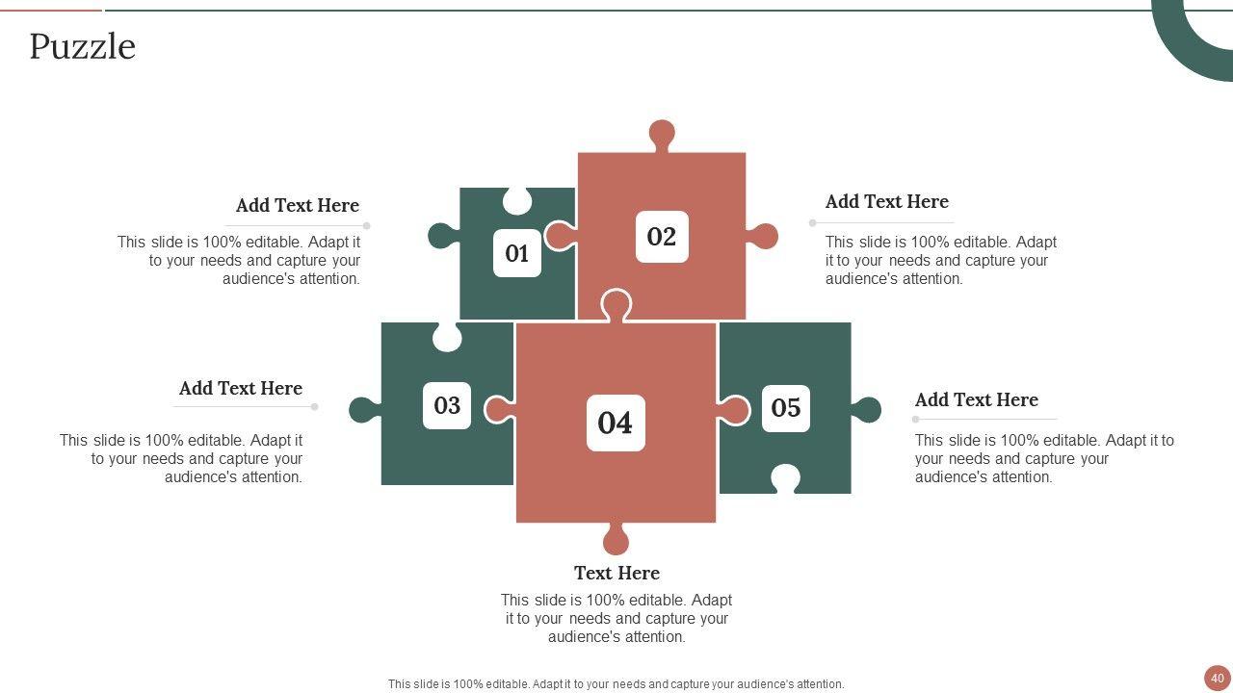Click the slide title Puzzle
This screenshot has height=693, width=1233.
point(83,47)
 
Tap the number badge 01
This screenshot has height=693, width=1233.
point(517,253)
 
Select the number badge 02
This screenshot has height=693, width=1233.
point(662,237)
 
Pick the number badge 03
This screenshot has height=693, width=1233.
point(447,405)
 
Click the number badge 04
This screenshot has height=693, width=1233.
point(616,423)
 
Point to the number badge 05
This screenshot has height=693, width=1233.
point(785,408)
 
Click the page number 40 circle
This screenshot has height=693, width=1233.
point(1217,679)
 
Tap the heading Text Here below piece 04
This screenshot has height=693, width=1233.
point(616,573)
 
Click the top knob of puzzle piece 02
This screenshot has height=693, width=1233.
point(662,135)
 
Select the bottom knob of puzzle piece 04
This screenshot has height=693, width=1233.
point(616,539)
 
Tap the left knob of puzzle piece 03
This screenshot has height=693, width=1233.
point(364,410)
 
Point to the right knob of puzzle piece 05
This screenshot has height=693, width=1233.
point(866,410)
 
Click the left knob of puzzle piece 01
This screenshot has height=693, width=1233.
point(444,236)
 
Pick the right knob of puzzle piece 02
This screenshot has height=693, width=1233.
point(762,236)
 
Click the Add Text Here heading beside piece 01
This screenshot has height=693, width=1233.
point(298,205)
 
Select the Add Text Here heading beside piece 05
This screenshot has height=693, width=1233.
point(977,399)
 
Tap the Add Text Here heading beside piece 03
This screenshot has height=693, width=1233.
point(241,388)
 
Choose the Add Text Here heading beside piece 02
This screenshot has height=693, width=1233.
point(887,201)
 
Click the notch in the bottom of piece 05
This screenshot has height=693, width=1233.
point(785,479)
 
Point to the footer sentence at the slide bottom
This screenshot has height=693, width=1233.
point(616,684)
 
